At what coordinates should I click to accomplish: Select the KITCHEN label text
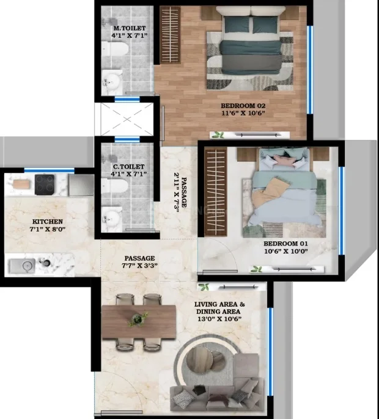[48, 222]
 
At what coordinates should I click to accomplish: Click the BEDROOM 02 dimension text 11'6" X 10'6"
[243, 113]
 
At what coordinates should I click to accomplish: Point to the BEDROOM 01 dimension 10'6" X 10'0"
[286, 251]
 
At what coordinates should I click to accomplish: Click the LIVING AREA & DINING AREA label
[219, 308]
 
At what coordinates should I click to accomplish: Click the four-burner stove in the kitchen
[45, 184]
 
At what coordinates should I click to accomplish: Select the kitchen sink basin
[23, 266]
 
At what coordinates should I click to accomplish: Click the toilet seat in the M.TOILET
[115, 49]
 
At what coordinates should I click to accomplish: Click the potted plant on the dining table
[138, 319]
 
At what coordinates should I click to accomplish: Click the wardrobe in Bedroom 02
[170, 35]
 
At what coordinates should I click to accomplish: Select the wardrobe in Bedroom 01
[216, 192]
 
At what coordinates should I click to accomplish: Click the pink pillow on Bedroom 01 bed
[284, 161]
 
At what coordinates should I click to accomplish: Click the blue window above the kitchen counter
[50, 170]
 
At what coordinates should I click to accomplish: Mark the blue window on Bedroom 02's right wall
[310, 70]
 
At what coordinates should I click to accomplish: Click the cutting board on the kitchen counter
[20, 184]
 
